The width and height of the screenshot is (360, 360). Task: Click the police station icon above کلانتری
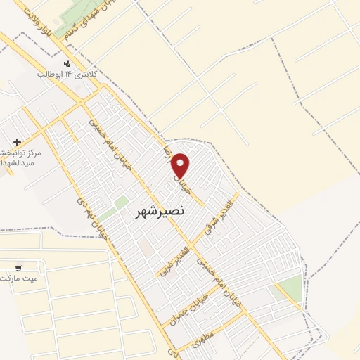pyautogui.click(x=67, y=64)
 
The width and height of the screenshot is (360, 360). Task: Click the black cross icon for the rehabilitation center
pyautogui.click(x=18, y=143)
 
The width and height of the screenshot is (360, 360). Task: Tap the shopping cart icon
pyautogui.click(x=18, y=268)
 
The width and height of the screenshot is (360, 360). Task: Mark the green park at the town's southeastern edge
pyautogui.click(x=288, y=288)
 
